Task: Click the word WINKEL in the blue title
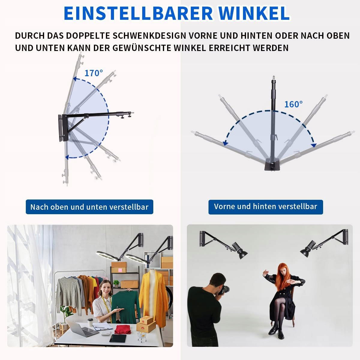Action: tap(254, 13)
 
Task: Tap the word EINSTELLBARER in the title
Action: tap(138, 13)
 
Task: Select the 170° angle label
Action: tap(94, 73)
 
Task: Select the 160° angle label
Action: tap(293, 104)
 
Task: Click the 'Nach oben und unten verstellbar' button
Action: tap(89, 207)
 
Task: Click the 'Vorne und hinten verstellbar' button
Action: tap(266, 207)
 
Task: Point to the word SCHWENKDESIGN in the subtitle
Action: tap(149, 35)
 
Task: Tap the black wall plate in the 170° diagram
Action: tap(63, 128)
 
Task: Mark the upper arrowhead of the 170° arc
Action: tap(75, 79)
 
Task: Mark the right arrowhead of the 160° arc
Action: tap(314, 145)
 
